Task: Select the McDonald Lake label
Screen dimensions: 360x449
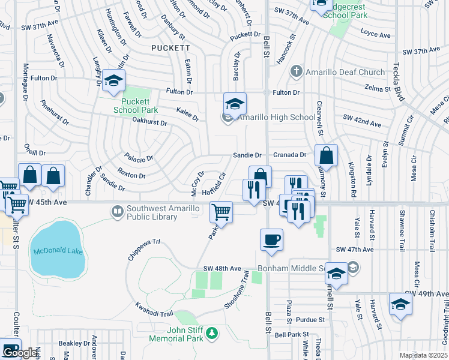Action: [x=58, y=251]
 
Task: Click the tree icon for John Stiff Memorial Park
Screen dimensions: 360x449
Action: [x=211, y=333]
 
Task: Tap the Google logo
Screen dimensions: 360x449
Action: [x=20, y=353]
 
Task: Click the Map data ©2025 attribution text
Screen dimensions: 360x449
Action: [x=424, y=355]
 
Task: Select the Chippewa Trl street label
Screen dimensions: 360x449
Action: [x=144, y=250]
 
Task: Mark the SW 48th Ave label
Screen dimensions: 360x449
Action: [x=222, y=268]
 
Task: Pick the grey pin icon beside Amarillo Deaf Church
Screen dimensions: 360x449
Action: [x=296, y=72]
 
